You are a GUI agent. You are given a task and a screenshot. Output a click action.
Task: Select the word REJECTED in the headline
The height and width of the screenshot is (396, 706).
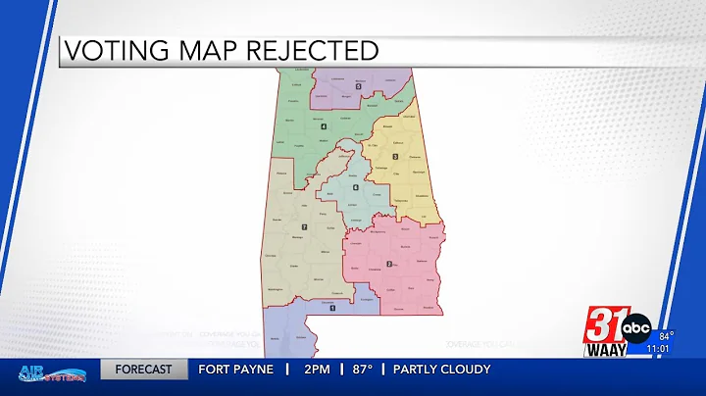click(316, 50)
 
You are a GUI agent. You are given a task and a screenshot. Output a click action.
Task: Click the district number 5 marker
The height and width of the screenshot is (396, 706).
click(359, 86)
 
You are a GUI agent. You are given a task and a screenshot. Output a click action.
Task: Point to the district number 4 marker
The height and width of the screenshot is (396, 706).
click(324, 125)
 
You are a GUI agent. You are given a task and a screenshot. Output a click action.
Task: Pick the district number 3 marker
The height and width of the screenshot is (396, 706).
click(395, 157)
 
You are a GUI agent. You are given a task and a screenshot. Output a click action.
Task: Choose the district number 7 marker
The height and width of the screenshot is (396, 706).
click(305, 227)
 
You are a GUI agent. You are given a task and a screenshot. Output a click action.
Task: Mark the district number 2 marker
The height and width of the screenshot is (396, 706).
click(389, 264)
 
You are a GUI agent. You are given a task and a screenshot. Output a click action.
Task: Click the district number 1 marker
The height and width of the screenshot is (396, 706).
click(332, 308)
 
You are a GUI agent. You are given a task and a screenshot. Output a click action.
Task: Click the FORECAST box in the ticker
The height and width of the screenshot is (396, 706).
click(143, 370)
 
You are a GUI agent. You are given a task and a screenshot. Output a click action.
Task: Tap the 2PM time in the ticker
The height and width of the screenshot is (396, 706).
click(316, 370)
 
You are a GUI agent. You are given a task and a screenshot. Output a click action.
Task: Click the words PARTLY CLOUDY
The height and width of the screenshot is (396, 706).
click(442, 370)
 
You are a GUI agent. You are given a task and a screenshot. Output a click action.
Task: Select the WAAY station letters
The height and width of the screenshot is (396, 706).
click(605, 349)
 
